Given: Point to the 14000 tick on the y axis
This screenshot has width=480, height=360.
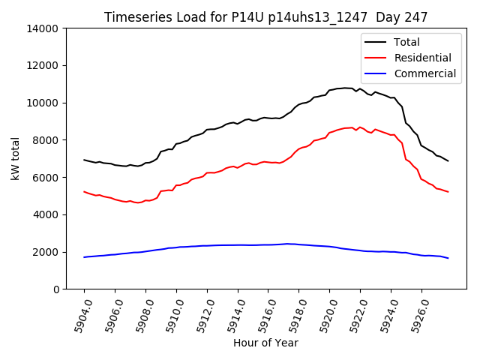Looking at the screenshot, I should click(x=43, y=28).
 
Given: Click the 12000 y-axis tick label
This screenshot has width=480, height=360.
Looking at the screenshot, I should click(x=43, y=66).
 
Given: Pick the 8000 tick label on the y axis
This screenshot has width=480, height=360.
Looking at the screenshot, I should click(x=46, y=140).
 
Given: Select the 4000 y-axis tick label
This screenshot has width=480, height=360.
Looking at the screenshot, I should click(x=46, y=214).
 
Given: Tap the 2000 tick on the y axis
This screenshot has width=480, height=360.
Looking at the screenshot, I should click(x=46, y=252).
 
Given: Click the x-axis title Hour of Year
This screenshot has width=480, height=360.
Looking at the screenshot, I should click(x=265, y=343).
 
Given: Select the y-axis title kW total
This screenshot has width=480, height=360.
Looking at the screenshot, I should click(x=16, y=158).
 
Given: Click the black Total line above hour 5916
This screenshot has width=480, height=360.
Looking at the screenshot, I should click(x=268, y=118).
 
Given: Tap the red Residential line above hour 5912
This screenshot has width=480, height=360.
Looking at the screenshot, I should click(x=207, y=172).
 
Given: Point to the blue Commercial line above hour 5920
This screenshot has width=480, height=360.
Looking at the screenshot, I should click(x=330, y=247).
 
